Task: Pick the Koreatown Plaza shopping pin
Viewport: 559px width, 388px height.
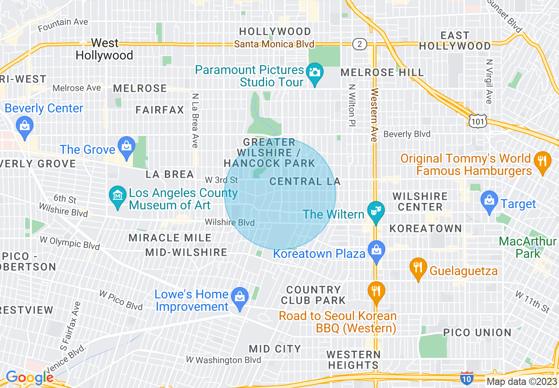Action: [x=376, y=250]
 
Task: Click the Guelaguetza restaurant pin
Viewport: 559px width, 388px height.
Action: [x=418, y=268]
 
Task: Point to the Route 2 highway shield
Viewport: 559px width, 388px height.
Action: [x=360, y=44]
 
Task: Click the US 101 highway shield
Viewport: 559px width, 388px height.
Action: [x=477, y=121]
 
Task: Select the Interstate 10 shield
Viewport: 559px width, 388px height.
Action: [x=467, y=377]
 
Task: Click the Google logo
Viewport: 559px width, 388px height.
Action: [x=29, y=377]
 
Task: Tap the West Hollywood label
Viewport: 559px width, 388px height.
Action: [x=104, y=49]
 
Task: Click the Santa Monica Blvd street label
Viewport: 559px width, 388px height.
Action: [x=274, y=44]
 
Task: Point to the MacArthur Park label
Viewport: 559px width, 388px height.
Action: [x=528, y=247]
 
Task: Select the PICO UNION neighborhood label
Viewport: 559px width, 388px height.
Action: [x=477, y=333]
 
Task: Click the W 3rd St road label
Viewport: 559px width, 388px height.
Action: [x=221, y=180]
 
